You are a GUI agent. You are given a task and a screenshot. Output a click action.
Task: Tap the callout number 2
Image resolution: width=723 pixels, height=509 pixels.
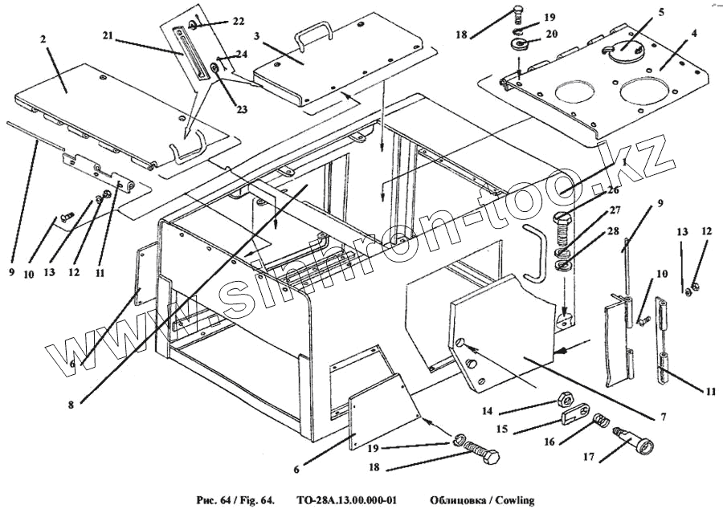click(x=43, y=39)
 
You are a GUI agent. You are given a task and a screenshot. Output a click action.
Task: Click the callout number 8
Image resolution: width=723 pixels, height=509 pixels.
click(x=71, y=405)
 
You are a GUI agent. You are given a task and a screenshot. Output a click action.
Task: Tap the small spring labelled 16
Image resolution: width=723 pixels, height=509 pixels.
click(x=600, y=421)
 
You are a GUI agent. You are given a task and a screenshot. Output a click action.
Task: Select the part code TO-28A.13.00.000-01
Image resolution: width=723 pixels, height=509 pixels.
click(x=345, y=499)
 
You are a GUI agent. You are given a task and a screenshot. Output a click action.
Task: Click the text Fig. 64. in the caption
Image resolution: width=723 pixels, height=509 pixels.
click(x=254, y=499)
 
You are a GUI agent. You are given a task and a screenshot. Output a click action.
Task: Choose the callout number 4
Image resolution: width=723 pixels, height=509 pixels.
click(x=693, y=34)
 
